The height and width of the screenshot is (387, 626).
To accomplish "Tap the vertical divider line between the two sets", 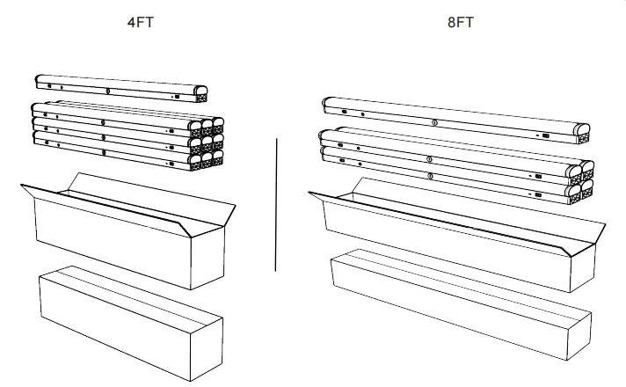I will click(275, 202).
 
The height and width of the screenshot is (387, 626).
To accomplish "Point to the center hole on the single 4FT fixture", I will click(108, 90).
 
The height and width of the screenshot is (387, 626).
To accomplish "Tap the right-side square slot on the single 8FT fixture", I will click(546, 135).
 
